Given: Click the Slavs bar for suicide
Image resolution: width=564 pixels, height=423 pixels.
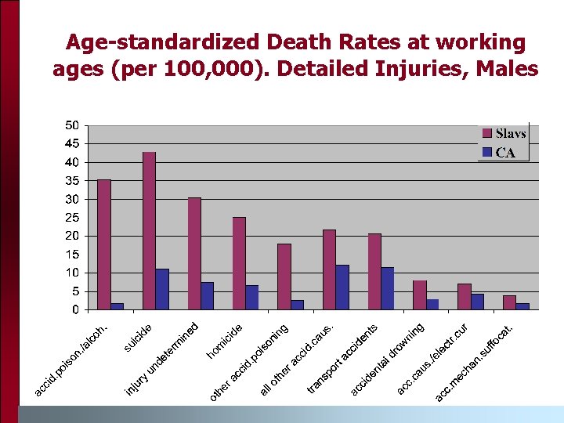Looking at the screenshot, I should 149,230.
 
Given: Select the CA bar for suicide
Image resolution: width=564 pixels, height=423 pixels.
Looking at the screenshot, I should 162,289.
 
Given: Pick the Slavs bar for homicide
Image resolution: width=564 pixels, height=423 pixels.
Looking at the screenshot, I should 239,263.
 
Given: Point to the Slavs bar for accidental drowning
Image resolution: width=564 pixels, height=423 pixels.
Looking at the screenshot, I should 419,295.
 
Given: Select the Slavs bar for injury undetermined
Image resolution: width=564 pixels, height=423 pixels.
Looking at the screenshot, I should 194,253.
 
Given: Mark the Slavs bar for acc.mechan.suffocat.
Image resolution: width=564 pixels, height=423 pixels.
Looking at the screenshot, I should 509,302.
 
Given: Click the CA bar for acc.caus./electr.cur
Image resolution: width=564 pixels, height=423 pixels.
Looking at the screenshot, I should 477,302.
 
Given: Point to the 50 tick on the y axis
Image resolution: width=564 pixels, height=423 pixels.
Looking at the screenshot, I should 71,125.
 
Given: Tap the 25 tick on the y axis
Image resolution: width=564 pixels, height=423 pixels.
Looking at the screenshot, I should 71,218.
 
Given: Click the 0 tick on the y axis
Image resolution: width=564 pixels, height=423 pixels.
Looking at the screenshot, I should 74,310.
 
